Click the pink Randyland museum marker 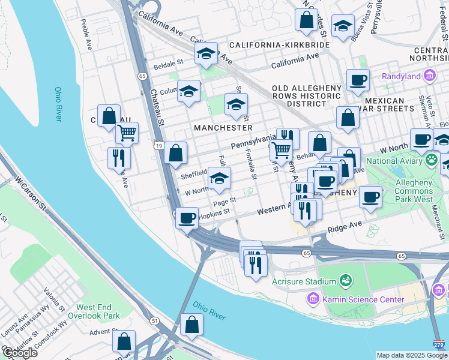click(429, 76)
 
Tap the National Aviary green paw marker click(431, 160)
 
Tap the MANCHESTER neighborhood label click(223, 128)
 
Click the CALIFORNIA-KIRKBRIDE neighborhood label click(279, 46)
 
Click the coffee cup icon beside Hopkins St click(187, 217)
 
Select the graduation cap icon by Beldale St click(205, 53)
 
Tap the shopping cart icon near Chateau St click(127, 133)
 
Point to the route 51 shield click(154, 321)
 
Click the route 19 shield click(158, 145)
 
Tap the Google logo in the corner click(20, 353)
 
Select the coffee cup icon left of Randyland click(358, 80)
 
